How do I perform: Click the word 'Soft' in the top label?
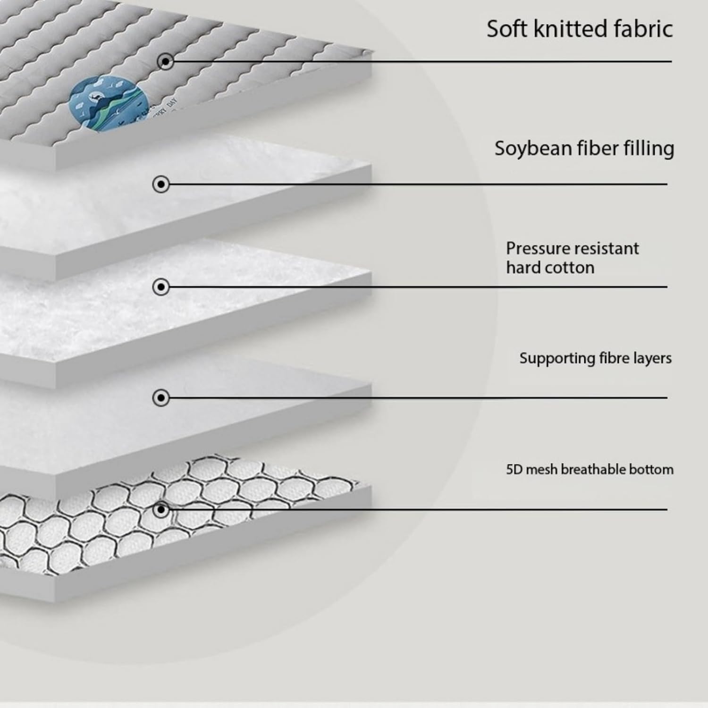506,29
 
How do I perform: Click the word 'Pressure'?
536,248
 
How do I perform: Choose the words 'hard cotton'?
550,268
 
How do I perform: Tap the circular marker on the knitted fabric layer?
165,61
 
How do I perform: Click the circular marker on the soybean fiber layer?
161,184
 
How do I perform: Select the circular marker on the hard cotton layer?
161,287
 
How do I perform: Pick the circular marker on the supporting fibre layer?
161,398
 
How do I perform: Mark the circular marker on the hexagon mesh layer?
161,510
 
